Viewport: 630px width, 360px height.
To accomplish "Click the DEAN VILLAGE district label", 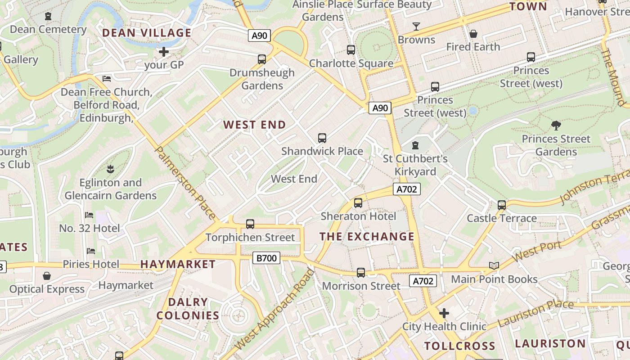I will coord(147,33).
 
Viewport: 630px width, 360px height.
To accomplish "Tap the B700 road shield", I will coord(266,258).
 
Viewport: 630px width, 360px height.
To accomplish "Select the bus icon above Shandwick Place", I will coord(322,138).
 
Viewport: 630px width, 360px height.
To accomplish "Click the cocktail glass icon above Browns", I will coord(416,27).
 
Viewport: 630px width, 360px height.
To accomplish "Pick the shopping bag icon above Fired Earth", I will coord(473,34).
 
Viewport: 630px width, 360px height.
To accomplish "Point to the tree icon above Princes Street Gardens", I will coord(556,126).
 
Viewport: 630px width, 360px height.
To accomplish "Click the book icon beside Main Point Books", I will coord(494,266).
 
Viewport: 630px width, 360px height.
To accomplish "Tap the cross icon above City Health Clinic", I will coord(444,313).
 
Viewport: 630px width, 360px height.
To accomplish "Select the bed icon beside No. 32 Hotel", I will coord(89,215).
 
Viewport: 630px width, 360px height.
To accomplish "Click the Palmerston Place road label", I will coord(185,183).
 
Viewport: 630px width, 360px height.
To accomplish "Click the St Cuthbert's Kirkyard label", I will coord(415,165).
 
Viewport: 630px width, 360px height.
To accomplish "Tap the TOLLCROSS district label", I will coord(459,346).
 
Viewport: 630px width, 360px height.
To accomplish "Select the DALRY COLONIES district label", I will coord(188,309).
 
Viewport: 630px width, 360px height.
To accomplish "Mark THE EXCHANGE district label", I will coord(367,236).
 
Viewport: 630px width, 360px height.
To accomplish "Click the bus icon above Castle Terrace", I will coord(502,205).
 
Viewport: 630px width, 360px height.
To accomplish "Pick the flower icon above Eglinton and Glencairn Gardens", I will coord(110,170).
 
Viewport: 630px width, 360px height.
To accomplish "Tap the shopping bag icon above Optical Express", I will coord(47,276).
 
